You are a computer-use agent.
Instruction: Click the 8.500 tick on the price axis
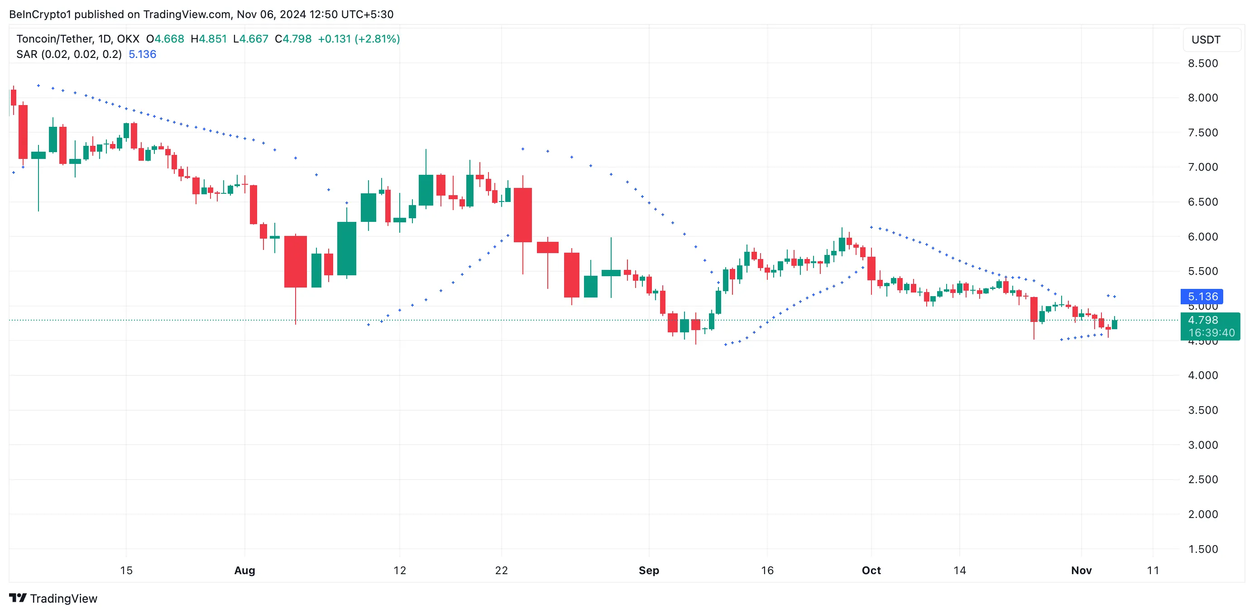tap(1202, 63)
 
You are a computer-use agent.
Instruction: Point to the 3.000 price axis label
tap(1202, 445)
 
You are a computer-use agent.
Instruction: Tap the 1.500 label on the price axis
tap(1202, 549)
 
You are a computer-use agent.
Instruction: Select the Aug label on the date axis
tap(244, 570)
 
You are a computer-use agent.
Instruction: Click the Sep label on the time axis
tap(648, 570)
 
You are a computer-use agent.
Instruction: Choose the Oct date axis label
tap(871, 570)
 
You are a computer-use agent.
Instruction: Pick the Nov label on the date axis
tap(1081, 570)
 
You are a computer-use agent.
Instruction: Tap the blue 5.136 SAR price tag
tap(1202, 297)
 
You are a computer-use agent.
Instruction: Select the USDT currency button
tap(1206, 40)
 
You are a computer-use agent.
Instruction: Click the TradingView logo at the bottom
tap(53, 598)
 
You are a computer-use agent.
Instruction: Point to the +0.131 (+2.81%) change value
tap(359, 39)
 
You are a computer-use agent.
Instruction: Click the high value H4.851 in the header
tap(208, 39)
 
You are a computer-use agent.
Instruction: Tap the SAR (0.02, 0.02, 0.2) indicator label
tap(69, 54)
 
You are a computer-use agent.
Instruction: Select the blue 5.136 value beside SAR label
tap(142, 54)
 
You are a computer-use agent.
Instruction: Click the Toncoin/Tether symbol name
tap(54, 39)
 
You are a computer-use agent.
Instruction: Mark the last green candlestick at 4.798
tap(1114, 324)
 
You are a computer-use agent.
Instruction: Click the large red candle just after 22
tap(523, 215)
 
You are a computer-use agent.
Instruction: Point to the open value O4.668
tap(165, 39)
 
